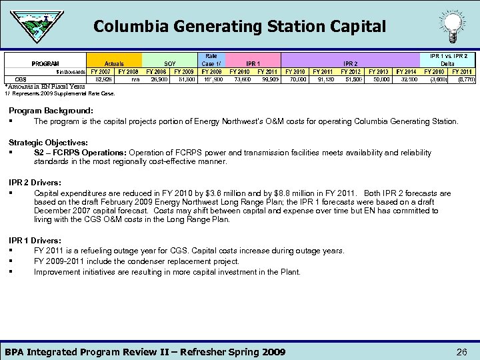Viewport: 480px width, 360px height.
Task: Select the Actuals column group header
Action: pos(113,63)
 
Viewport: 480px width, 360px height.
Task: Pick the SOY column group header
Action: pos(169,63)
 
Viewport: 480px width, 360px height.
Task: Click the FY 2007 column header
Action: pos(101,71)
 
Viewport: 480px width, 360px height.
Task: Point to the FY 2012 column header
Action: pos(351,71)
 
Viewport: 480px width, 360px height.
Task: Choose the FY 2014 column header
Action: pos(406,71)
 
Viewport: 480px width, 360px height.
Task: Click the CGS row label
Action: pos(21,79)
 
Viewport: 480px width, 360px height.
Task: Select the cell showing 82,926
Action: pos(103,79)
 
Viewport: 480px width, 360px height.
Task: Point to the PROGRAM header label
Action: pos(46,63)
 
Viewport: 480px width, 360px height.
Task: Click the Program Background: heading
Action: pos(51,110)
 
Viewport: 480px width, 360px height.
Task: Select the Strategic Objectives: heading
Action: pos(48,143)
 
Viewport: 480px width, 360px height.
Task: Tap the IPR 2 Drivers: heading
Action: pos(35,182)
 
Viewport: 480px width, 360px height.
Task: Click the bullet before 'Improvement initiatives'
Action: pos(13,272)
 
